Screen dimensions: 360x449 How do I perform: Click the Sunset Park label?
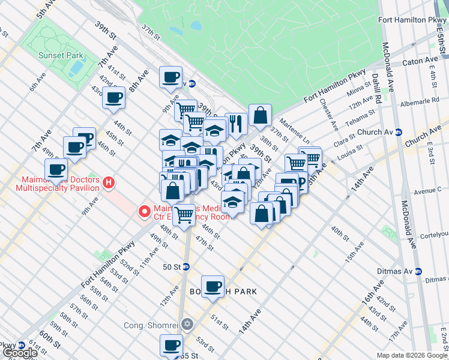pos(55,55)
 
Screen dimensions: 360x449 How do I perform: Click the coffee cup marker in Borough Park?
pos(212,287)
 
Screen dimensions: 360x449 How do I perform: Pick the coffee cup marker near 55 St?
pos(171,346)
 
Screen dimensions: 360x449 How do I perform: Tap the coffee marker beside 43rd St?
pos(113,98)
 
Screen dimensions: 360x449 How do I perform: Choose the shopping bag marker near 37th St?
pos(260,115)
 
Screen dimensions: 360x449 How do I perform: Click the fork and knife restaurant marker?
pos(236,124)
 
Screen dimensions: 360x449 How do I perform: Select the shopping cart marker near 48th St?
pos(184,214)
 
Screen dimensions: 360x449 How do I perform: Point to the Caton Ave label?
pos(421,61)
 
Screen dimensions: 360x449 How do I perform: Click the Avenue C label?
pos(427,190)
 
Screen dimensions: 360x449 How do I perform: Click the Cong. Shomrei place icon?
pos(188,325)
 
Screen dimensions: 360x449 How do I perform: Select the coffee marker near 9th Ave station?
pos(171,77)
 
